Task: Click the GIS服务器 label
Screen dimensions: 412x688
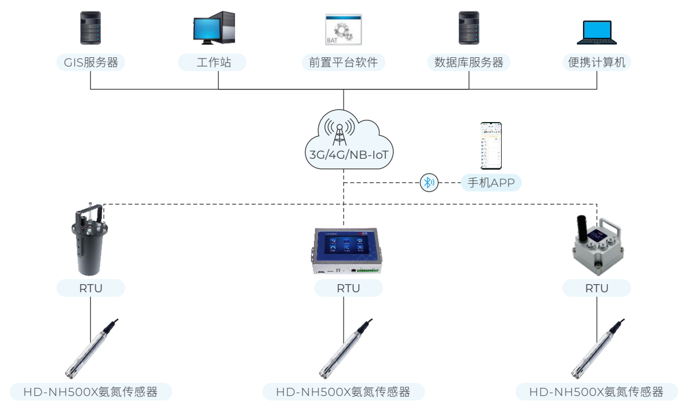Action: click(91, 62)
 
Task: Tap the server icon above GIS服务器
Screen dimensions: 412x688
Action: click(91, 29)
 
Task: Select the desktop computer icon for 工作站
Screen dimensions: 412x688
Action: click(213, 29)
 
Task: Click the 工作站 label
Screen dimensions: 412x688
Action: click(212, 62)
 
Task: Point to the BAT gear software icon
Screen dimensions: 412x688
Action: click(343, 30)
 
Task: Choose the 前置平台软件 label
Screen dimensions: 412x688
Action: click(343, 62)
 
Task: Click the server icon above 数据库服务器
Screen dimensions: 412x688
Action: click(468, 29)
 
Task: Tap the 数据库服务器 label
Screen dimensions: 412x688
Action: click(468, 62)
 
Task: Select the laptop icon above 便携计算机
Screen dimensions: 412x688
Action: click(596, 33)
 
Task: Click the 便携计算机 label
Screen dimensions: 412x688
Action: click(596, 62)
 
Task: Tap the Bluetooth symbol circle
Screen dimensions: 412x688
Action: click(428, 183)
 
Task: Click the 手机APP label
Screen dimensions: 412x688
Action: click(491, 183)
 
